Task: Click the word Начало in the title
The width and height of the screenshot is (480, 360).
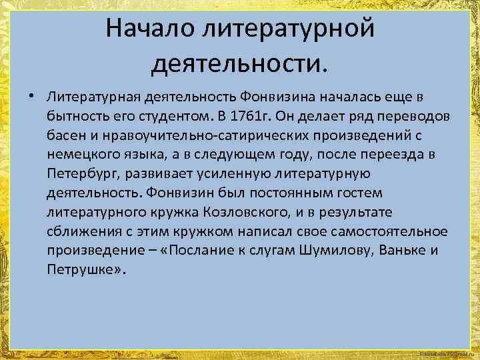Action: pyautogui.click(x=150, y=29)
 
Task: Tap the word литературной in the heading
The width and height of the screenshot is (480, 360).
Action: pyautogui.click(x=289, y=29)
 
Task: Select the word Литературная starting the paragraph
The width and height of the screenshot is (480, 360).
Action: pyautogui.click(x=91, y=99)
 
